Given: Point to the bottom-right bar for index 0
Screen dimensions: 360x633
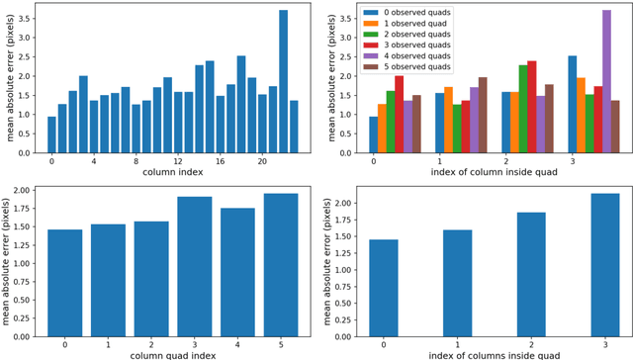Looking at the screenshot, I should pyautogui.click(x=384, y=288).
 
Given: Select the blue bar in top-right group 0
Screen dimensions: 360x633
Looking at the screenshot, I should pyautogui.click(x=373, y=135).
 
